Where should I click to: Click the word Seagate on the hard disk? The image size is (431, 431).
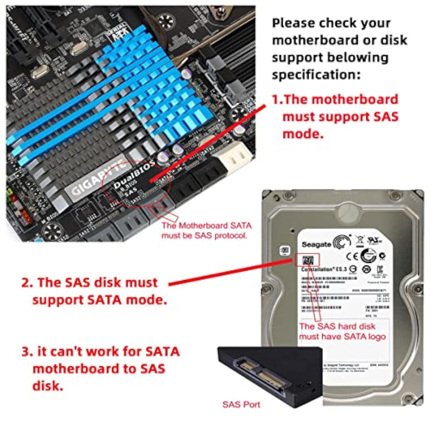pos(316,245)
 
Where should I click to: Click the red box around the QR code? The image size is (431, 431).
pos(307,260)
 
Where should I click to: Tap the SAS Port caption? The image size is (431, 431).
pos(241,405)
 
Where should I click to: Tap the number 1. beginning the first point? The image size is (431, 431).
pos(277,99)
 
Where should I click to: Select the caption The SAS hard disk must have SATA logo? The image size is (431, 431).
pos(342,331)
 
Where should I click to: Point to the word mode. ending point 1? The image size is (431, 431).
pos(303,134)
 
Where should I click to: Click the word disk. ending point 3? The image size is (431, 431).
pos(48,386)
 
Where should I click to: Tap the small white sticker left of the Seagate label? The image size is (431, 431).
pos(285,250)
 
